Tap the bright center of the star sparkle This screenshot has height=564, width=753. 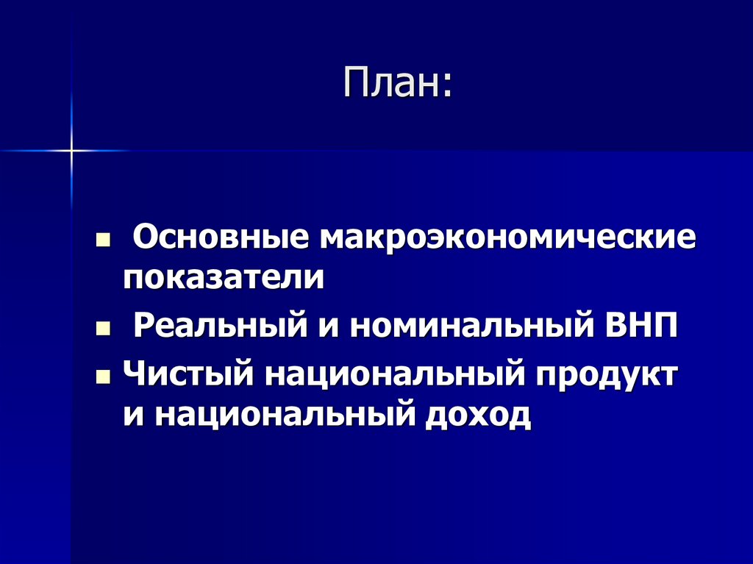pos(71,150)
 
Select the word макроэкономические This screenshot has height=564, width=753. pos(507,240)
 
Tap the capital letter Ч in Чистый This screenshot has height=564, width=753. pos(133,374)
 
